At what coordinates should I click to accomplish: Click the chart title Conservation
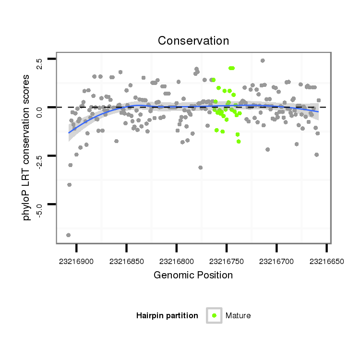193,40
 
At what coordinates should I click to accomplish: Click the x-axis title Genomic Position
193,275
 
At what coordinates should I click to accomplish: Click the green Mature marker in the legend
214,315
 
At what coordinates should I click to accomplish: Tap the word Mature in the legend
238,315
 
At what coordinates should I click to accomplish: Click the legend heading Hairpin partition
167,315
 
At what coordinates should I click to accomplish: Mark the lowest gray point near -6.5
68,235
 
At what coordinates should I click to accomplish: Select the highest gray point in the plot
263,60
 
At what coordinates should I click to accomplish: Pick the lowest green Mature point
239,141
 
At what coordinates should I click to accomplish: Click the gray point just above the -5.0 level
69,185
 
